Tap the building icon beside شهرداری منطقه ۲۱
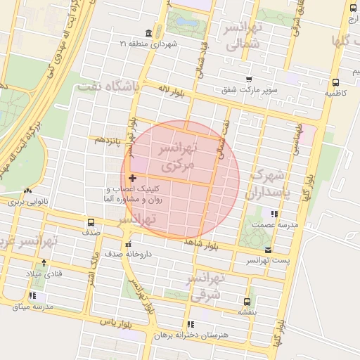coord(148,33)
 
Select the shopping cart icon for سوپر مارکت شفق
coord(249,79)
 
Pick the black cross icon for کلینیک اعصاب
coord(132,179)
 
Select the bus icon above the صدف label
coord(90,222)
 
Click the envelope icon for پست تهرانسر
coord(267,250)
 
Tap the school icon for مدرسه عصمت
coord(274,214)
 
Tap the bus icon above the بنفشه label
coord(246,301)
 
